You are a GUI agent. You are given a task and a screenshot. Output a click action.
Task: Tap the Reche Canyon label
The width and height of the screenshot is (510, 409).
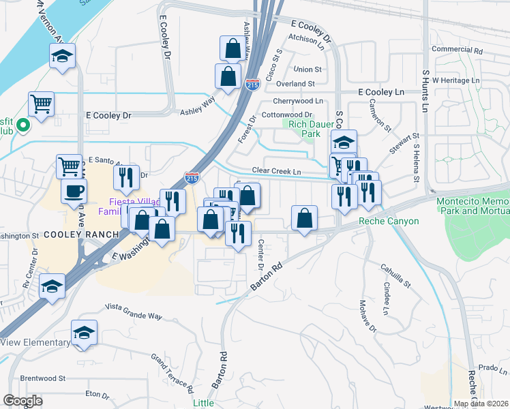tap(388, 222)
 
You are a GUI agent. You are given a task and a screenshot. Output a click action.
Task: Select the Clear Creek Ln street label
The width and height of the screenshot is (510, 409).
tap(276, 171)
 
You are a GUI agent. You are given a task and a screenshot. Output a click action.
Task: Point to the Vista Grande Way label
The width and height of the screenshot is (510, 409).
tap(134, 317)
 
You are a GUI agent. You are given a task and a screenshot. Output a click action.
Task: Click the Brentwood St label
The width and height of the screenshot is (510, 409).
tap(42, 378)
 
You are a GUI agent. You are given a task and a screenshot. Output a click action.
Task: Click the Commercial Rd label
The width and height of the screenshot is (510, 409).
tap(457, 50)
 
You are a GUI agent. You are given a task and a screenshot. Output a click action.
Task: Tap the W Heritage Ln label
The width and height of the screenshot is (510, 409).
tap(460, 80)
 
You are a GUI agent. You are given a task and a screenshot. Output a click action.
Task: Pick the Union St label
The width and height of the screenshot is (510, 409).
tap(307, 70)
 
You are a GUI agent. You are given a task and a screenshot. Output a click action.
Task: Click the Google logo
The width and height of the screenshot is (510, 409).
tap(23, 400)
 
